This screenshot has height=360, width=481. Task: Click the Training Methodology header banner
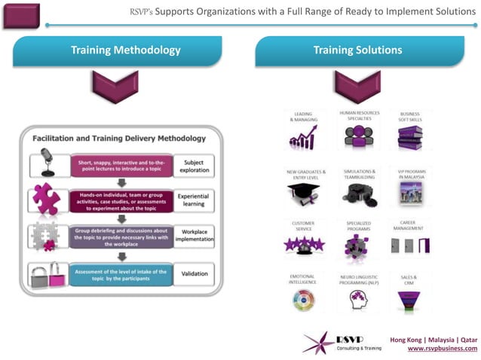pyautogui.click(x=125, y=51)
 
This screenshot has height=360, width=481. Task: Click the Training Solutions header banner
pyautogui.click(x=357, y=51)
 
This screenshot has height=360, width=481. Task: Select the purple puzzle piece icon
pyautogui.click(x=46, y=200)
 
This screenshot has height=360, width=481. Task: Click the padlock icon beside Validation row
pyautogui.click(x=46, y=274)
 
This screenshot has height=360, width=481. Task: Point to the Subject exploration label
pyautogui.click(x=194, y=165)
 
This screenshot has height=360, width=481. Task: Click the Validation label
pyautogui.click(x=194, y=274)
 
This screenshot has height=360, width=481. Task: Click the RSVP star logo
pyautogui.click(x=317, y=341)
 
